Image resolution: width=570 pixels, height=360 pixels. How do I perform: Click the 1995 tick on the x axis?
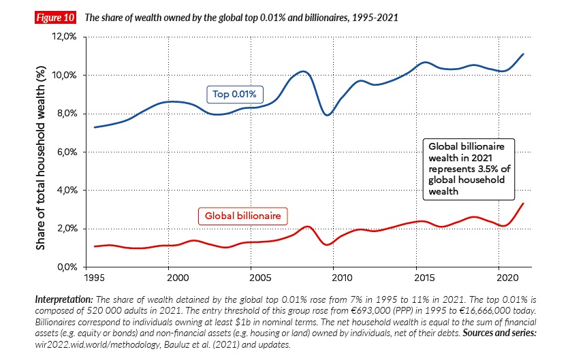(94, 278)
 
